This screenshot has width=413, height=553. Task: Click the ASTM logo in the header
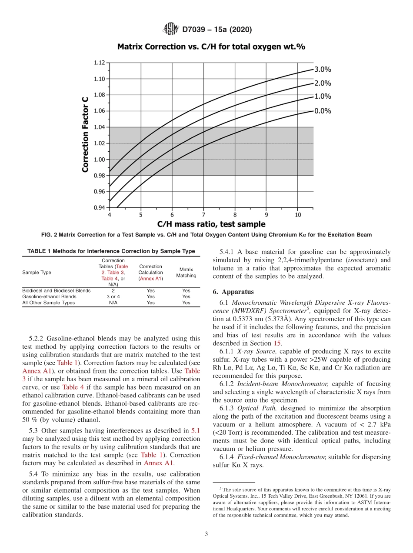(x=170, y=30)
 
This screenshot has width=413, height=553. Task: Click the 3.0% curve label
(x=323, y=69)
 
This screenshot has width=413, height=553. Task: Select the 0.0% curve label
(x=323, y=111)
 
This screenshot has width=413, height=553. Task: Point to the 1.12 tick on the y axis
(x=99, y=63)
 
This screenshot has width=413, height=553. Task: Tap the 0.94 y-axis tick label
(x=99, y=207)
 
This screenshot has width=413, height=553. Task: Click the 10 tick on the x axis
(x=298, y=215)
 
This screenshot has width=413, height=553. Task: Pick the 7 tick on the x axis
(x=203, y=215)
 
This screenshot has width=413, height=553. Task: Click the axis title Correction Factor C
(x=86, y=134)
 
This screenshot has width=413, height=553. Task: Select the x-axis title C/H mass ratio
(x=211, y=224)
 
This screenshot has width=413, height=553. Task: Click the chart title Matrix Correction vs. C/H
(x=211, y=46)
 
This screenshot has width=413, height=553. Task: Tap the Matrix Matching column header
(x=186, y=273)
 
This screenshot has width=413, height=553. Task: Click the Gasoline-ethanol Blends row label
(x=49, y=296)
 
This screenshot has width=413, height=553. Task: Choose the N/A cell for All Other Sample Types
(x=113, y=303)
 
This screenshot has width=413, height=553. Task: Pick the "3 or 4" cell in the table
(x=113, y=296)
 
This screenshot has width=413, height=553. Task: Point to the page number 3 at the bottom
(x=206, y=534)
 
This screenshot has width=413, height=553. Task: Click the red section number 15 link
(x=277, y=343)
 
